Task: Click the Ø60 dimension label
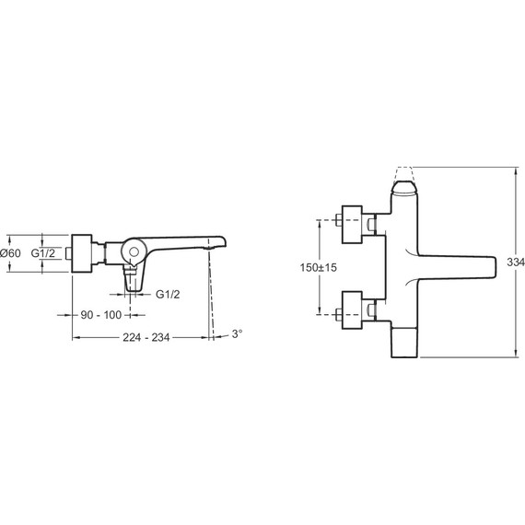(10, 253)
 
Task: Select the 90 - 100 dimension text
(101, 315)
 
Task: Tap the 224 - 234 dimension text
(146, 337)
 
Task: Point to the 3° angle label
(237, 333)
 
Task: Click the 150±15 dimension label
(319, 267)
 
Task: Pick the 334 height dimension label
(516, 262)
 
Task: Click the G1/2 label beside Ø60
(43, 253)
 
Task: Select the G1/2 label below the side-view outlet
(168, 295)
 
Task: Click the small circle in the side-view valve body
(134, 252)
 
